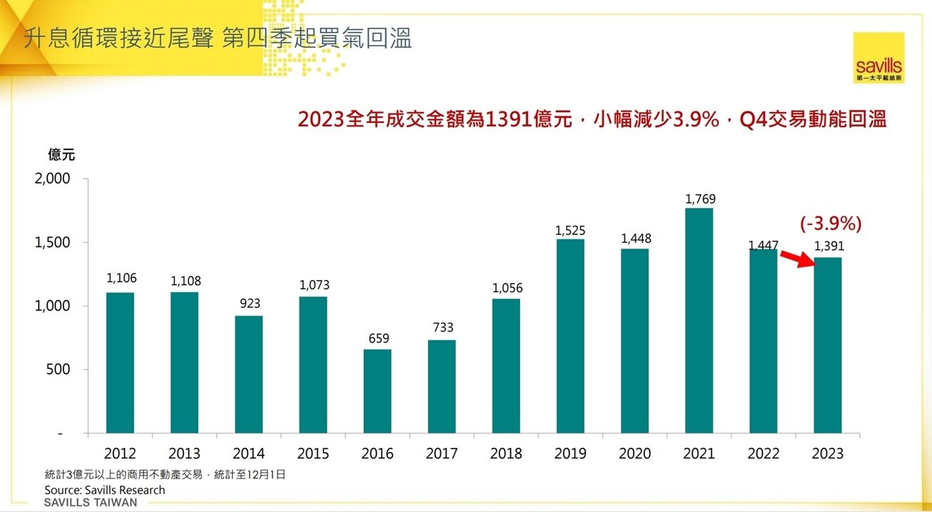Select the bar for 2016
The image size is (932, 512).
(378, 391)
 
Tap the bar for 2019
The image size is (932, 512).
(570, 336)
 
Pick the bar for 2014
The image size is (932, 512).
(248, 374)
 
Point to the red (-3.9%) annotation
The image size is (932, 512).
(831, 224)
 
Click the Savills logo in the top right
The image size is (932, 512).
(878, 58)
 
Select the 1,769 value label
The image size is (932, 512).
(700, 199)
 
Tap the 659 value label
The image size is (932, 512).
(379, 338)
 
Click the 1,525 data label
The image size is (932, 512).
(570, 231)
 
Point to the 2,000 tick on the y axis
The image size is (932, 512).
(53, 179)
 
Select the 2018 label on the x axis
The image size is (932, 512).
(506, 453)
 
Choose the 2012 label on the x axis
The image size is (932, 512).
(120, 453)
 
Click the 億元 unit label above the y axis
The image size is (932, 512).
(61, 154)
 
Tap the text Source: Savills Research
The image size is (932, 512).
(104, 490)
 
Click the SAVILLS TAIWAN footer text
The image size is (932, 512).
(91, 503)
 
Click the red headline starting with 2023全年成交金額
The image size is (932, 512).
(592, 119)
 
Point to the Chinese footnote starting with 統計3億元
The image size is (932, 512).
(165, 474)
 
